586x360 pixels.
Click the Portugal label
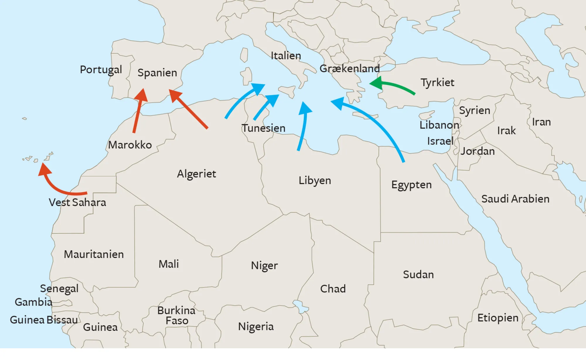[101, 70]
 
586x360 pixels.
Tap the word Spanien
[157, 73]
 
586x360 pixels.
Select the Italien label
[286, 56]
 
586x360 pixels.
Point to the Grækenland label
[350, 69]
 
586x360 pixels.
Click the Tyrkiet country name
[437, 82]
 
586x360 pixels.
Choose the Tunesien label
[263, 128]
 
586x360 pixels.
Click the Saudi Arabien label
[515, 199]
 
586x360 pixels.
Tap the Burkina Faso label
[176, 315]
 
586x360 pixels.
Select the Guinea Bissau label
[44, 320]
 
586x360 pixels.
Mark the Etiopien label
[498, 318]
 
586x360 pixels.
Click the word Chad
[333, 289]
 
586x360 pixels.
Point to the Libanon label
[439, 125]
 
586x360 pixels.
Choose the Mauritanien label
[94, 254]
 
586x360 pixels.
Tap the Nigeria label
[256, 327]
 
